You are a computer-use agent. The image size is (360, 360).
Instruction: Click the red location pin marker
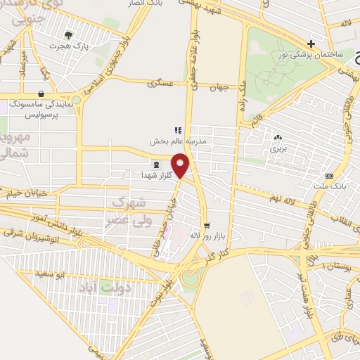click(x=181, y=165)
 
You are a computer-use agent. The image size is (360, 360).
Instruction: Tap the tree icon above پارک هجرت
click(x=68, y=34)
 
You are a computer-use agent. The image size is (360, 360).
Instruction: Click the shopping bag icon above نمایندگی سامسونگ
click(x=41, y=94)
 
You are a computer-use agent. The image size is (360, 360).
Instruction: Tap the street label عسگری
click(x=160, y=83)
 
